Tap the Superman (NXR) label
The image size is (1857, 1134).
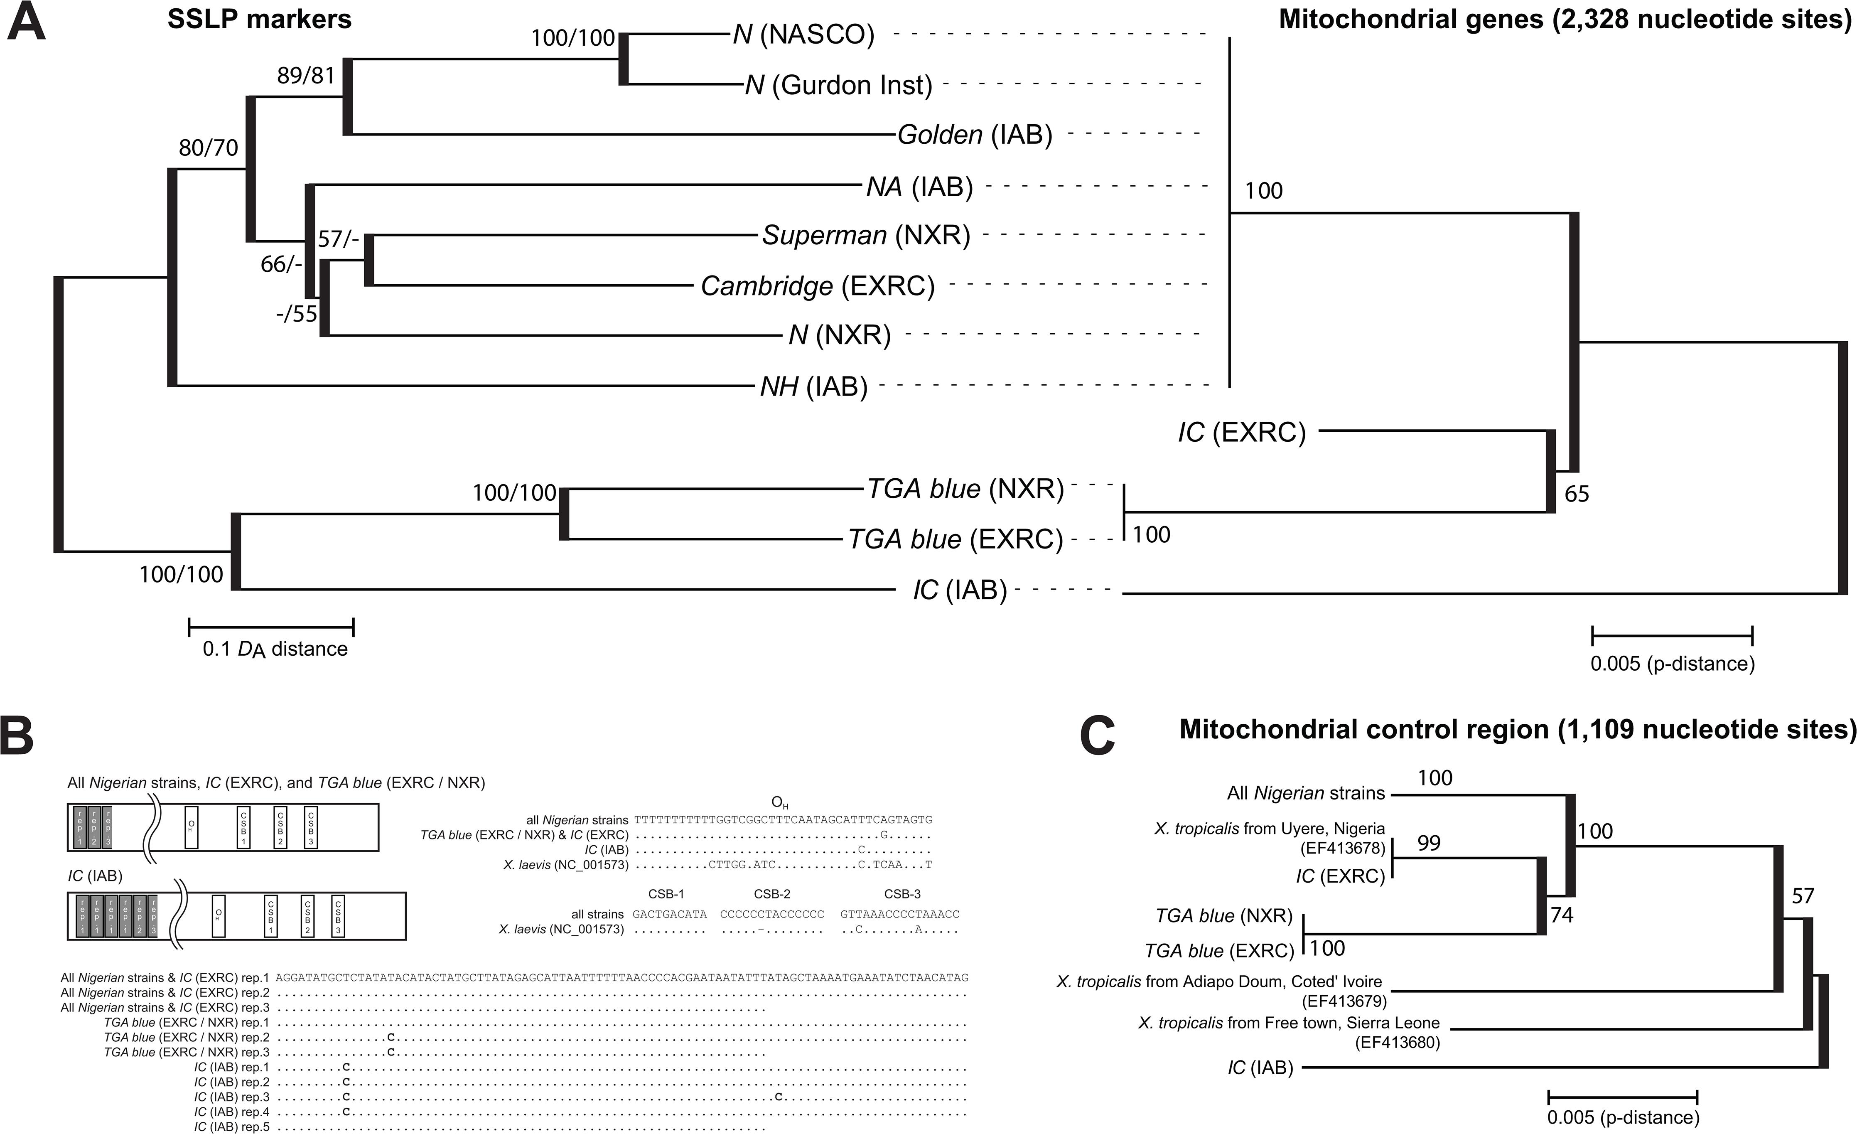[x=866, y=236]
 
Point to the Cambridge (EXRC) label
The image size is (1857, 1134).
[x=817, y=287]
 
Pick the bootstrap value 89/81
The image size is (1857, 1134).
[x=305, y=75]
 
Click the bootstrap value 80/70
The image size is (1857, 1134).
[x=208, y=148]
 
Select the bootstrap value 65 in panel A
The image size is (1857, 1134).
[x=1577, y=494]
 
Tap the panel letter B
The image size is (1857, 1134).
[x=17, y=738]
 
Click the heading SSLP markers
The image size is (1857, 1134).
[x=259, y=20]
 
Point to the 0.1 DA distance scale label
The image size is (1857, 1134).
[x=275, y=649]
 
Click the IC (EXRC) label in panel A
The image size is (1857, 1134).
[x=1241, y=433]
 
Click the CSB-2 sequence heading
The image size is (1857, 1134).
[x=772, y=894]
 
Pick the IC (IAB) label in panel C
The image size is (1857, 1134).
[x=1260, y=1068]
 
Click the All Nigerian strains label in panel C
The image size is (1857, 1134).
[x=1305, y=793]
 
